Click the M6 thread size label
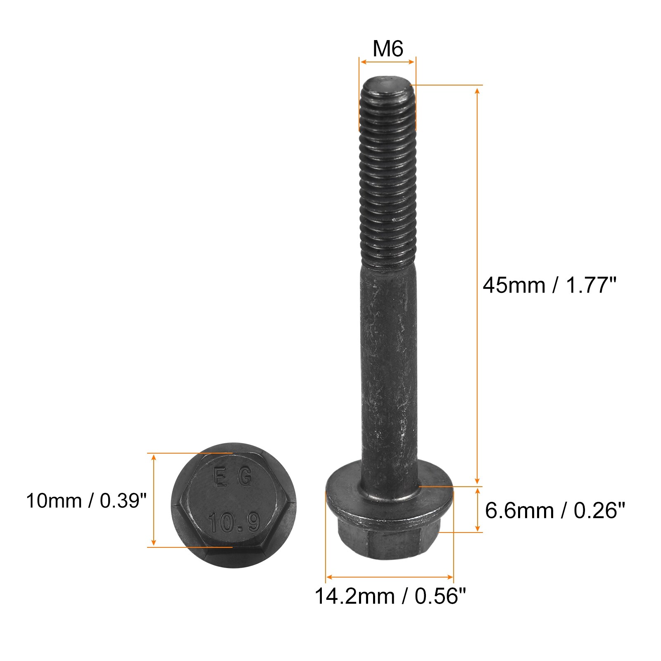click(x=388, y=49)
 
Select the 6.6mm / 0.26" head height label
click(x=555, y=511)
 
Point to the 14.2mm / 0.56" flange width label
click(x=390, y=596)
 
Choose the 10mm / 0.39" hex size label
click(x=86, y=501)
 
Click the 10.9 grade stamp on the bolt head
click(x=234, y=522)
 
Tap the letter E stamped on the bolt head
click(x=219, y=478)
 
